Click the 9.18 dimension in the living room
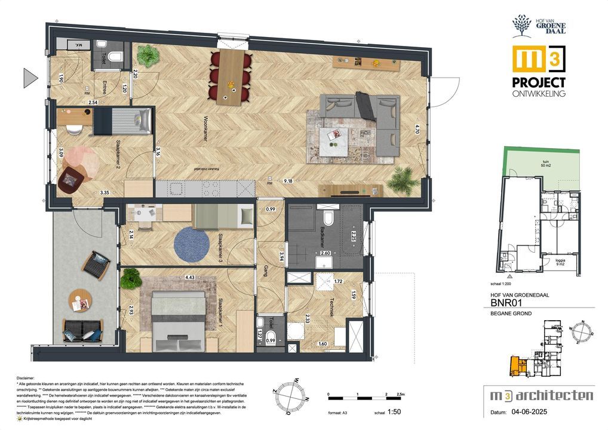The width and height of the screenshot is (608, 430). pos(288,180)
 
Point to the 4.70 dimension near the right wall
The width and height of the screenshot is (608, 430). pos(418,128)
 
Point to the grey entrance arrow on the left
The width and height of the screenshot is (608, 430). pos(30,77)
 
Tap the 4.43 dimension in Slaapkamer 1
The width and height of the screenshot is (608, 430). pos(191,277)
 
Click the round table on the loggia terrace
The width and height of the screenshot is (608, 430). pos(77,299)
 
